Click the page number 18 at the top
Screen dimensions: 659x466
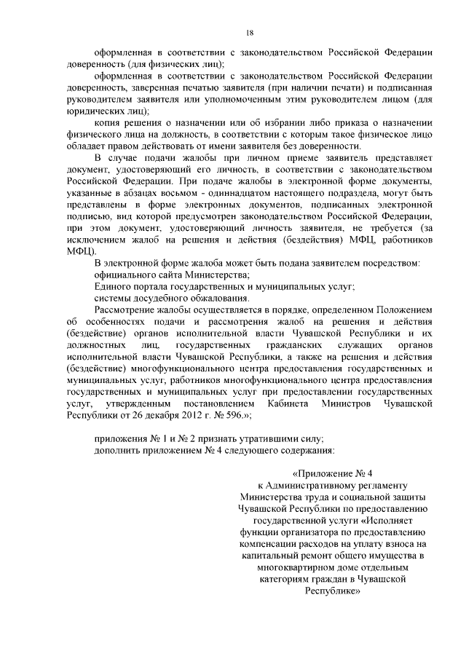tap(249, 33)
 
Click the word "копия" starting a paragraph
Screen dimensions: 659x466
tap(107, 123)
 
